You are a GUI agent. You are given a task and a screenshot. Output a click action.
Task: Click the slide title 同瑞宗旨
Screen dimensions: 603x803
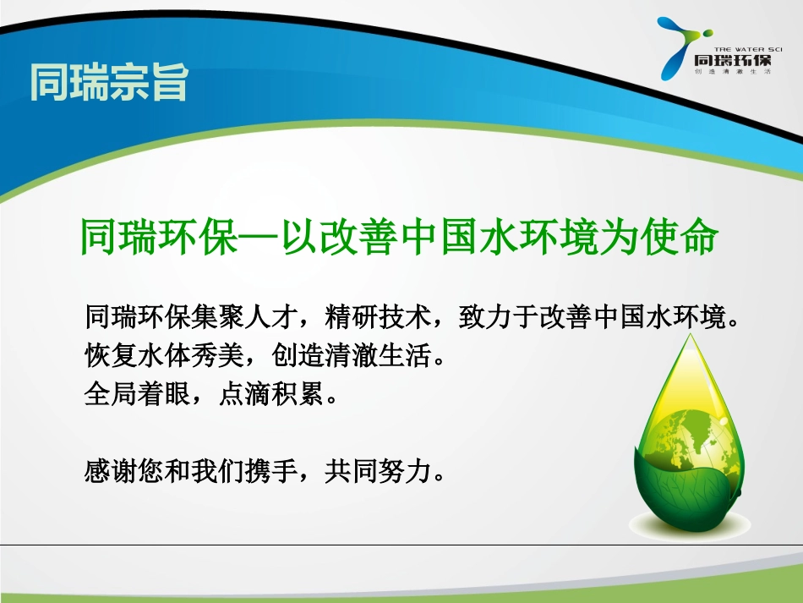click(108, 82)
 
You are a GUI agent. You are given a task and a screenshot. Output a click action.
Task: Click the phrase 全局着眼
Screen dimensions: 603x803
click(135, 394)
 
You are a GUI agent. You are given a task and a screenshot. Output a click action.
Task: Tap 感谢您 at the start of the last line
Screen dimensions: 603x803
click(120, 469)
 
